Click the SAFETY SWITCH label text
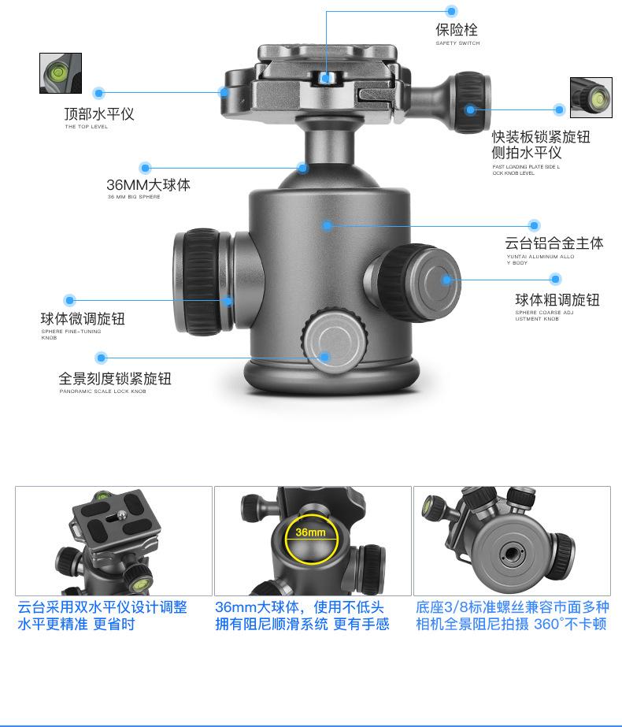[x=457, y=43]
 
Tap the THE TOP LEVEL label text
[x=86, y=127]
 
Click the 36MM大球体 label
[x=148, y=185]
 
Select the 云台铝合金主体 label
[x=554, y=243]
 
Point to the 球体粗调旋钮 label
[x=557, y=300]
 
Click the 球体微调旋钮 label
[x=83, y=319]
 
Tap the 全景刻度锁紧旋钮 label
[x=115, y=379]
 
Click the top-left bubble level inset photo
[x=61, y=73]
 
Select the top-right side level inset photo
[x=591, y=98]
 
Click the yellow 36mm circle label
[x=310, y=533]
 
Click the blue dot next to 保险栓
[x=451, y=11]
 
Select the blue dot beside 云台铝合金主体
[x=534, y=226]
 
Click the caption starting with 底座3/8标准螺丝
[x=512, y=616]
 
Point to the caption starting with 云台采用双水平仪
[x=102, y=616]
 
